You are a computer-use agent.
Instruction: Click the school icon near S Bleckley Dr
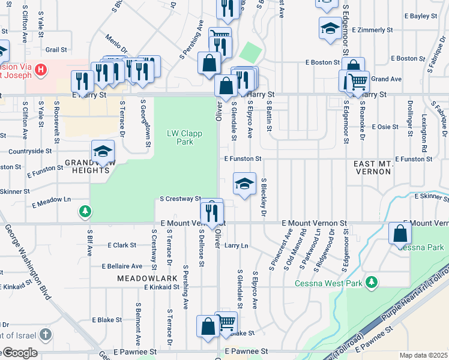[x=244, y=184]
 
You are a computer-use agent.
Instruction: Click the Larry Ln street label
[x=236, y=245]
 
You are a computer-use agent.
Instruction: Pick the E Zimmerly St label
[x=372, y=29]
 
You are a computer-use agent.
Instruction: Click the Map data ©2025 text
[x=423, y=355]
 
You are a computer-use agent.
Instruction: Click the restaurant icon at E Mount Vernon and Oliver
[x=211, y=212]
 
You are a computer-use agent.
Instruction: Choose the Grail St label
[x=56, y=50]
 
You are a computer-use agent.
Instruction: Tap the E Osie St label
[x=385, y=127]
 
